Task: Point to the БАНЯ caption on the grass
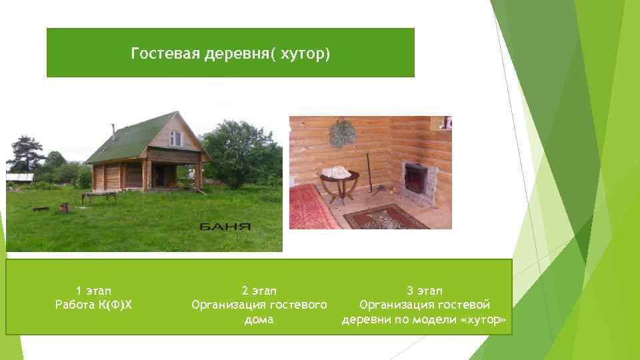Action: [225, 227]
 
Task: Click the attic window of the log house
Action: [175, 138]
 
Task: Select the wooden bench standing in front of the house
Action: [99, 196]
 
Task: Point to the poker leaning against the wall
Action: [368, 172]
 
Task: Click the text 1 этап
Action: [93, 291]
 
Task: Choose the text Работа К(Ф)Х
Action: [93, 305]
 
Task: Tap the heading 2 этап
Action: [259, 291]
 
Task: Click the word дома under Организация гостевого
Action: [259, 320]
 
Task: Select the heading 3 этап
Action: [425, 291]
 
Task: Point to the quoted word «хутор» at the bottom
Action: [482, 320]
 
